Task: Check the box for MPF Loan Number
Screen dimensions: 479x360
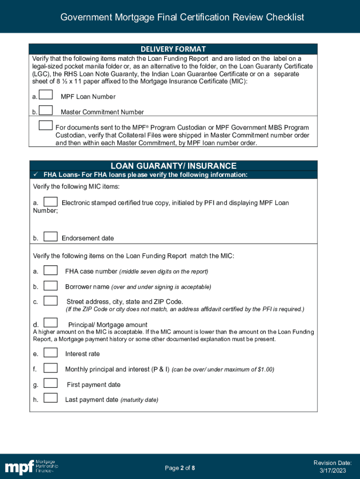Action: click(46, 95)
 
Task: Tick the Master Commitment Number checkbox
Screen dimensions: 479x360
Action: click(46, 110)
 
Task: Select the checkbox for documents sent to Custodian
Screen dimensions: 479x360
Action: click(46, 125)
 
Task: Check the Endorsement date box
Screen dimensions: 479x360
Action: click(50, 237)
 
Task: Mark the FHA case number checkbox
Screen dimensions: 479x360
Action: click(50, 270)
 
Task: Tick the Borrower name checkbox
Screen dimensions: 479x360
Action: click(50, 285)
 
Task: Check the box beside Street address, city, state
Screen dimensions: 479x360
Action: click(50, 301)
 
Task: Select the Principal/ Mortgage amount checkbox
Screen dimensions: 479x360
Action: click(50, 323)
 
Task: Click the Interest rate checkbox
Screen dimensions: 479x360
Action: click(50, 353)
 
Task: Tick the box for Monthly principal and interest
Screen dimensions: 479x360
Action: click(50, 368)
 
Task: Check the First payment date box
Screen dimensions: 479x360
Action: click(50, 384)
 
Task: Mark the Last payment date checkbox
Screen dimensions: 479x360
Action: click(50, 399)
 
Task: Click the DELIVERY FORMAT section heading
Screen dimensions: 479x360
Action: click(173, 49)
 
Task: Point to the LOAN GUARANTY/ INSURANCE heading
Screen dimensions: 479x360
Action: click(173, 166)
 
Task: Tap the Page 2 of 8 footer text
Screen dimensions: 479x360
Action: click(180, 468)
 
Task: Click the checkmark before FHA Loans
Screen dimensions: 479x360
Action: click(36, 175)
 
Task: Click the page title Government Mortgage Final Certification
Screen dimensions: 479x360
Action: click(182, 17)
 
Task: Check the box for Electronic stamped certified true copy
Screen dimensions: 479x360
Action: click(50, 202)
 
